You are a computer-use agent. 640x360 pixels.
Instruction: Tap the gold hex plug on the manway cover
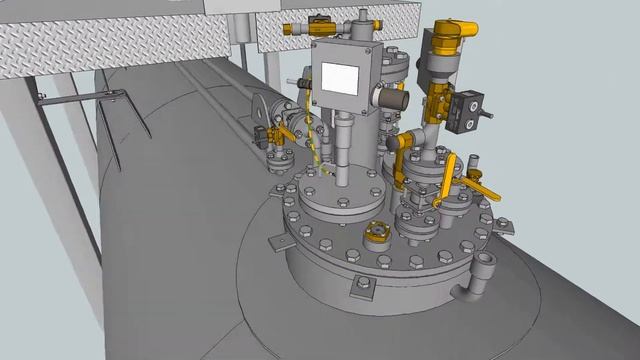click(x=378, y=229)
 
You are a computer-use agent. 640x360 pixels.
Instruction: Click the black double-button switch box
click(x=468, y=111)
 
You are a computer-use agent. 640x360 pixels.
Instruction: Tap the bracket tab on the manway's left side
click(x=271, y=237)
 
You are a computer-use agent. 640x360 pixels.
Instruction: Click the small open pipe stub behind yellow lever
click(x=474, y=160)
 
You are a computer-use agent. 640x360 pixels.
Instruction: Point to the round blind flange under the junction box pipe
click(x=335, y=195)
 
